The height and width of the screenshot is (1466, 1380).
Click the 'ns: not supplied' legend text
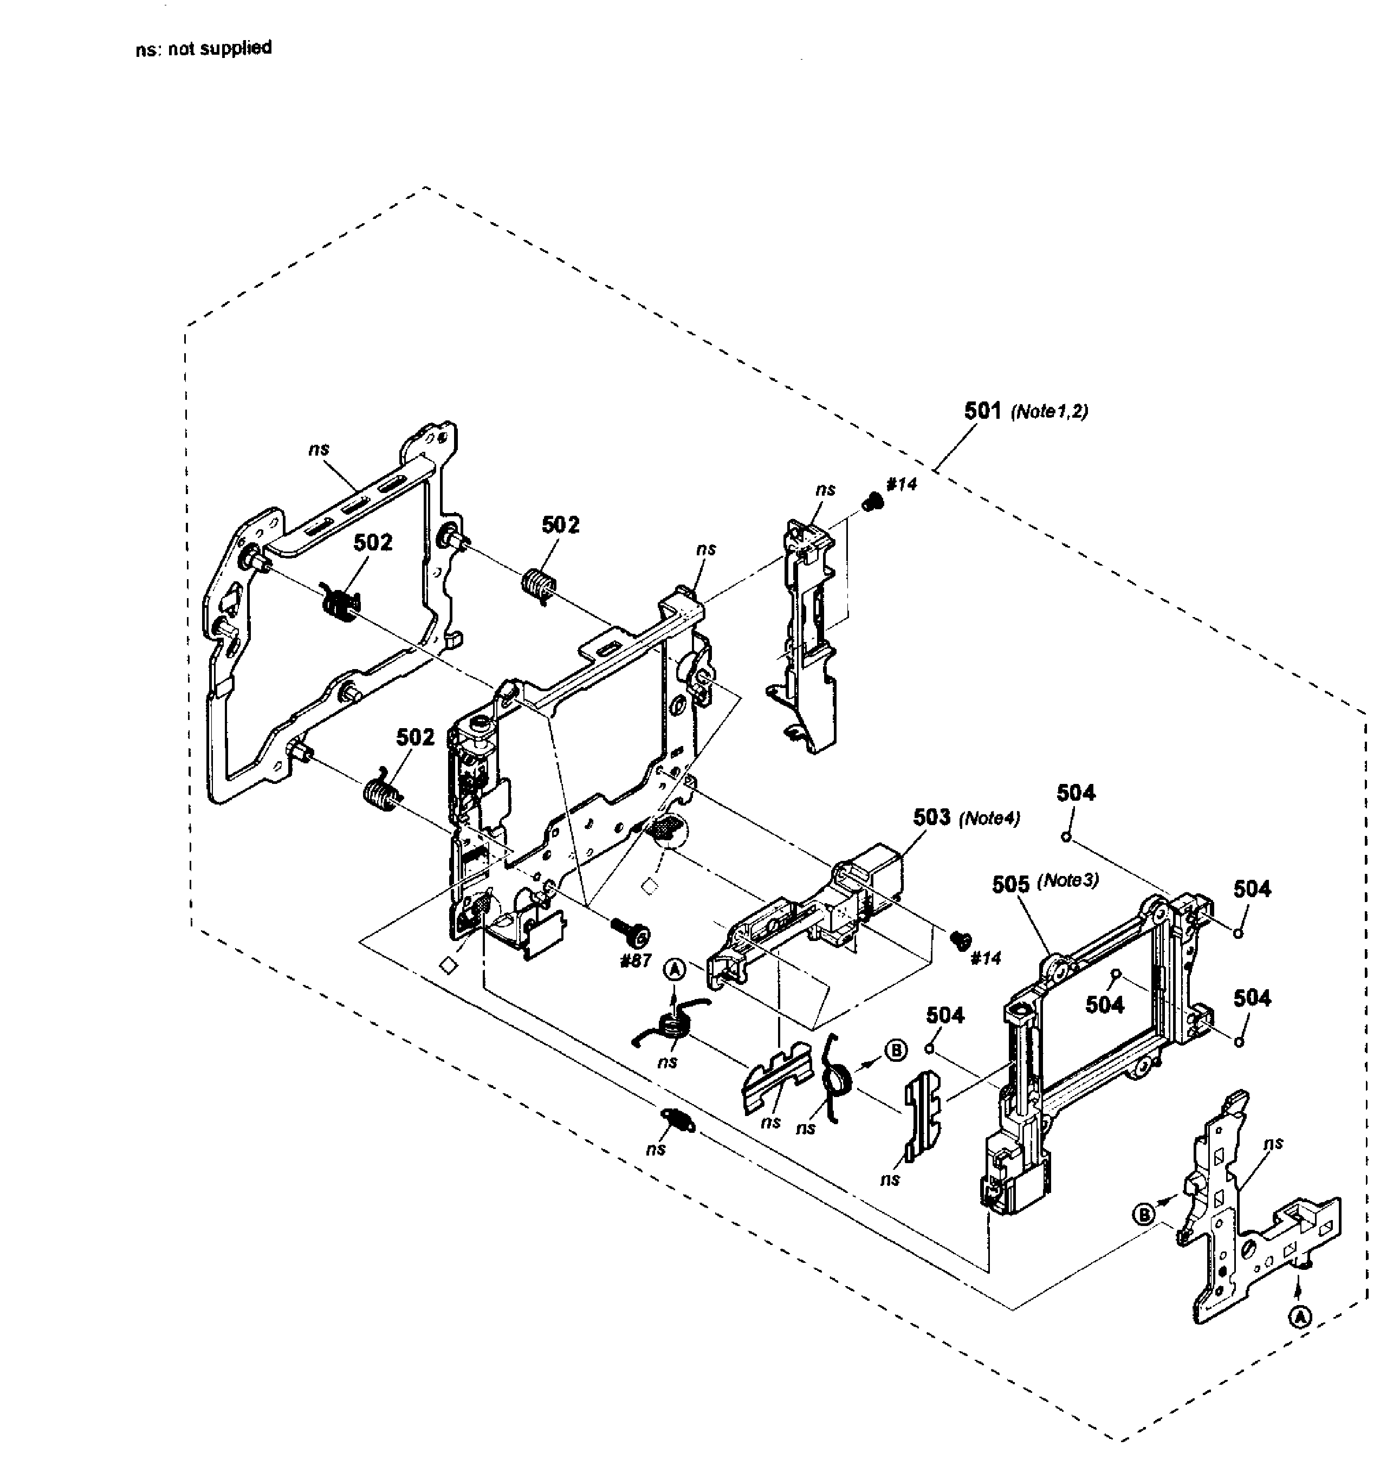click(x=204, y=49)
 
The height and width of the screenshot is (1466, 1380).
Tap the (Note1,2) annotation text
click(x=1049, y=412)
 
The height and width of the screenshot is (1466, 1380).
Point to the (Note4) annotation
click(x=989, y=819)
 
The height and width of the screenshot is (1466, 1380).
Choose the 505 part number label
click(x=1010, y=884)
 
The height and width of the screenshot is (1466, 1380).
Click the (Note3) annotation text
click(x=1068, y=881)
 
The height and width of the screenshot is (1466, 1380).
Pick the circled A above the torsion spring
click(x=675, y=970)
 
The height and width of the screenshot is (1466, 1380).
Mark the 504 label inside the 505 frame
click(x=1105, y=1004)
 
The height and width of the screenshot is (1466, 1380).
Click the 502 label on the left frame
click(x=373, y=543)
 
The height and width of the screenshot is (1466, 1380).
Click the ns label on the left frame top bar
click(x=319, y=449)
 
